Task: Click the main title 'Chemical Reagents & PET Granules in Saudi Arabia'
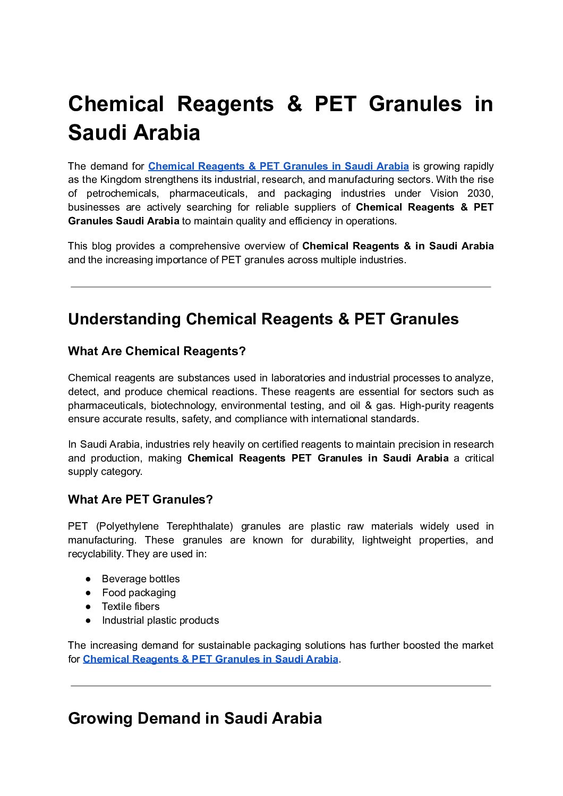(280, 118)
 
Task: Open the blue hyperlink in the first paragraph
(278, 166)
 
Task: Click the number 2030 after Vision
(480, 194)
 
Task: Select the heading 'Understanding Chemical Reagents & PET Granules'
(263, 319)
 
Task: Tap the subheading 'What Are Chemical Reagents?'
(157, 351)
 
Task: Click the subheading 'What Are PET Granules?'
(140, 500)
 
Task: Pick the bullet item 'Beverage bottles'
(141, 579)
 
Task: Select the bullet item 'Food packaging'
(139, 593)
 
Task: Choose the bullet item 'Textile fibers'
(131, 607)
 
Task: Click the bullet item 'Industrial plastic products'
(160, 621)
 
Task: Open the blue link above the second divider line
(210, 659)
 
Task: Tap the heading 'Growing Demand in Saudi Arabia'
(195, 718)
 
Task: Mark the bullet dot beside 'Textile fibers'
(89, 607)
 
